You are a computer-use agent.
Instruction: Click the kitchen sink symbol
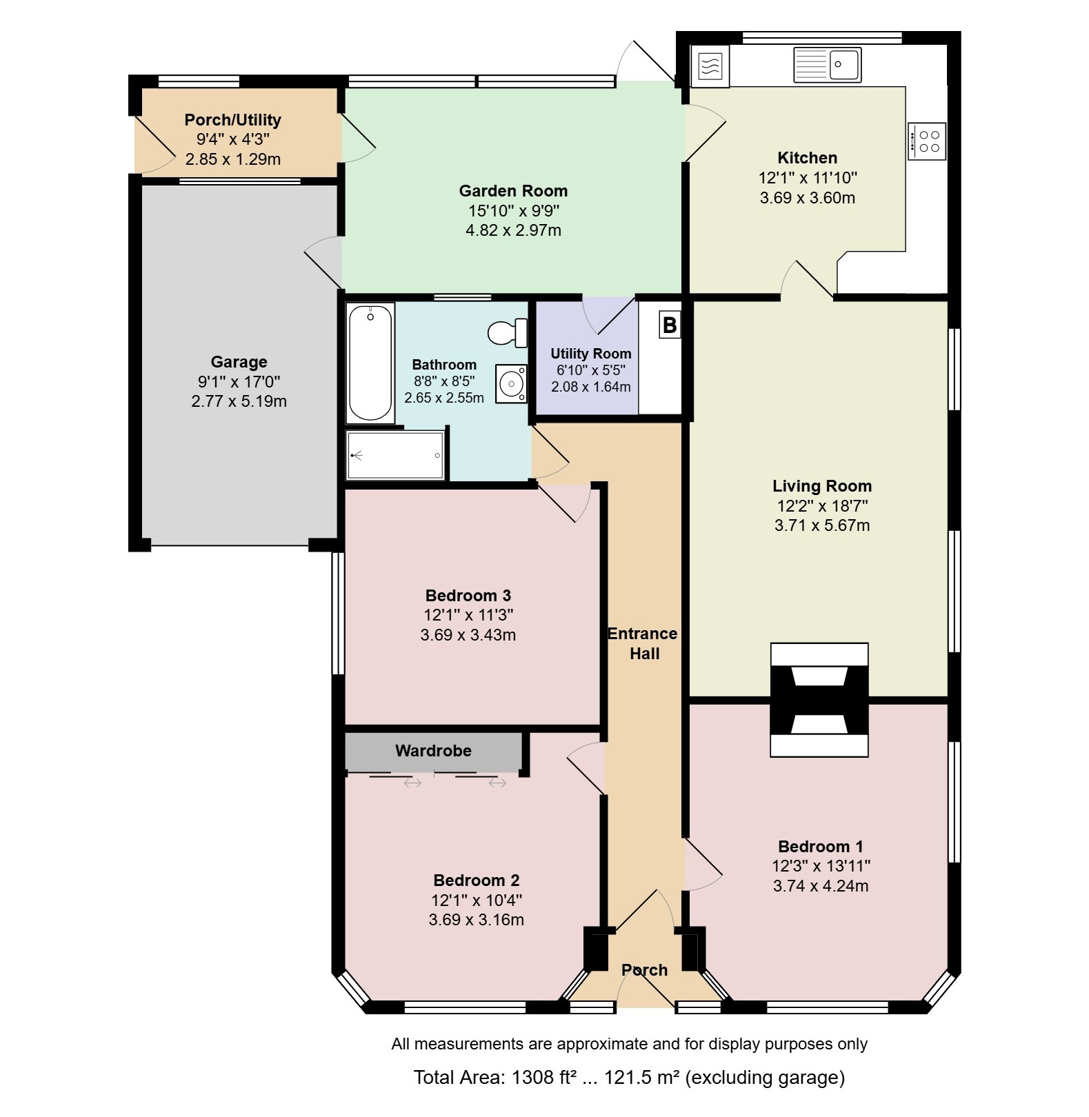(827, 64)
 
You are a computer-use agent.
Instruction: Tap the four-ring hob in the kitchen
(927, 141)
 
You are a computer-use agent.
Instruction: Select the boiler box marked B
(670, 325)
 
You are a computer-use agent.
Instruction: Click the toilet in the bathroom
(508, 333)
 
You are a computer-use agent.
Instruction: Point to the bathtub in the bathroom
(370, 363)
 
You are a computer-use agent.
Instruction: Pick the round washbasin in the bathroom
(511, 383)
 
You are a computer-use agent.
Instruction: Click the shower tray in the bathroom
(395, 455)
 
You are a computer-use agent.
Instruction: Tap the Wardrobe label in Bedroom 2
(433, 751)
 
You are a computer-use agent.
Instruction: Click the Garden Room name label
(514, 191)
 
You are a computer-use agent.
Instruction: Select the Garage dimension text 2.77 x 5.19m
(239, 401)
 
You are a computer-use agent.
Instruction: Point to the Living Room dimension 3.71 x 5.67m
(822, 525)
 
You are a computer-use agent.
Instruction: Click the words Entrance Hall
(643, 643)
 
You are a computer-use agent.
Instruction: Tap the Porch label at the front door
(645, 970)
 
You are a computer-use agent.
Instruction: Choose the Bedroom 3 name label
(468, 596)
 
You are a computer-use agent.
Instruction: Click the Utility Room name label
(591, 354)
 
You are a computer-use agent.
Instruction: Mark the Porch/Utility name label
(233, 120)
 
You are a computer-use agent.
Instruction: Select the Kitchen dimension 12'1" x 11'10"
(808, 178)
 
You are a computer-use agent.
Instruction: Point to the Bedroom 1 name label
(821, 847)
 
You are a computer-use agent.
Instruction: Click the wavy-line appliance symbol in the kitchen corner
(710, 67)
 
